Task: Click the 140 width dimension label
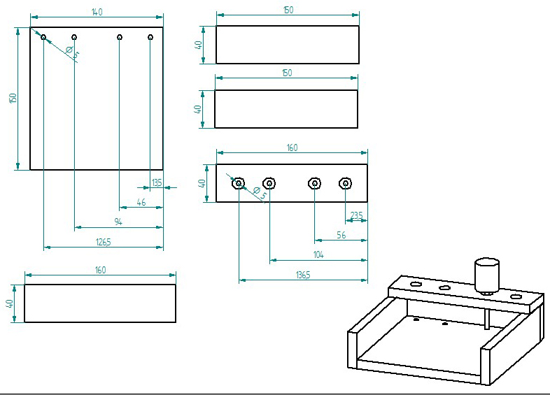point(97,12)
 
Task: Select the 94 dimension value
point(118,222)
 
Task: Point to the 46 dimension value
point(141,202)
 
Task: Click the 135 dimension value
point(157,182)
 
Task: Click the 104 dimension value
point(318,255)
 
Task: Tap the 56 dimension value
point(341,236)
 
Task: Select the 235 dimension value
point(357,216)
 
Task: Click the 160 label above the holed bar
point(292,148)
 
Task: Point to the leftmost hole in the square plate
point(43,36)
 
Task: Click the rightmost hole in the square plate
point(150,36)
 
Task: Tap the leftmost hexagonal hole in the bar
point(239,183)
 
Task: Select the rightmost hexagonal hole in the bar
point(345,183)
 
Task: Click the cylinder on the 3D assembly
point(486,275)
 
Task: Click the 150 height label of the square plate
point(13,99)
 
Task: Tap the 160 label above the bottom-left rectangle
point(100,271)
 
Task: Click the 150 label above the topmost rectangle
point(288,10)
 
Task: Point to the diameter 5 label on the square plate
point(71,51)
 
